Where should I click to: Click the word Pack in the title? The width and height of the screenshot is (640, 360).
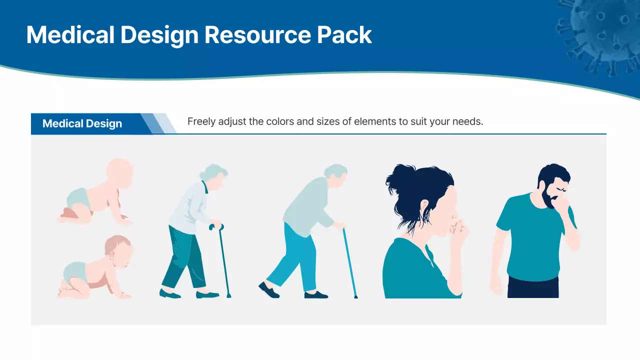tap(344, 35)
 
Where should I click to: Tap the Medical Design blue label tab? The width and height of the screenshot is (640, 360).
tap(82, 124)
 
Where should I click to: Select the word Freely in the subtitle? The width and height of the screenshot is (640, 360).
tap(201, 121)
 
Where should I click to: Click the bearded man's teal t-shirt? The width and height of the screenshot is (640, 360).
tap(532, 240)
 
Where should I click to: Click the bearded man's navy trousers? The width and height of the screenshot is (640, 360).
tap(533, 287)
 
